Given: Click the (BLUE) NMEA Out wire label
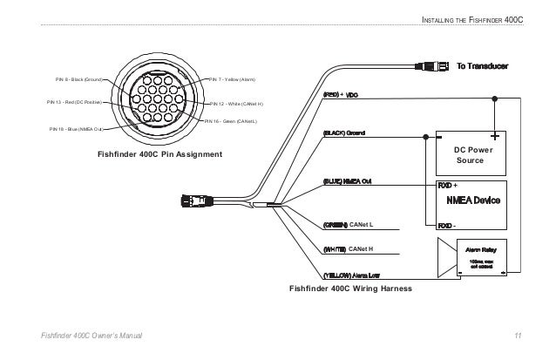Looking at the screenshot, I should tap(348, 181).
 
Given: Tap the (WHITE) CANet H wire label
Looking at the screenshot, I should tap(348, 249).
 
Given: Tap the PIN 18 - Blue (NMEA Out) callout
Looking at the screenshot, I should tap(76, 128).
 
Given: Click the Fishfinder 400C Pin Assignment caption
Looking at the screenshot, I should tap(159, 154).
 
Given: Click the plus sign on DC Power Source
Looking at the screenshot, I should tap(494, 136).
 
